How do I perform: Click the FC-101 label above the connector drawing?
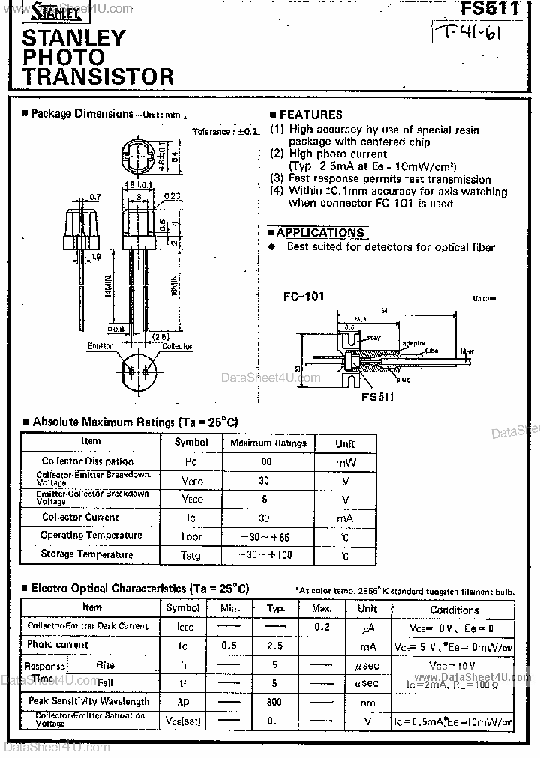(304, 297)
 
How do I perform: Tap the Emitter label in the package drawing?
(100, 346)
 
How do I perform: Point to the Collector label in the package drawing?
(177, 346)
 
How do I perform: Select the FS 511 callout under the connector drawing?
(377, 397)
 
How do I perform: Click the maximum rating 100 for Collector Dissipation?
(264, 461)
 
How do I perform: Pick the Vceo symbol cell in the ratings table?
(191, 480)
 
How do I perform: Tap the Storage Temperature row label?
(87, 554)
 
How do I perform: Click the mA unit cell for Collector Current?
(345, 518)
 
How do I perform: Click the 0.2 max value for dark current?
(322, 627)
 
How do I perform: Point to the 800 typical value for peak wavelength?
(274, 702)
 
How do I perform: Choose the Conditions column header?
(454, 610)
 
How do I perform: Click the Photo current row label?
(58, 644)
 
